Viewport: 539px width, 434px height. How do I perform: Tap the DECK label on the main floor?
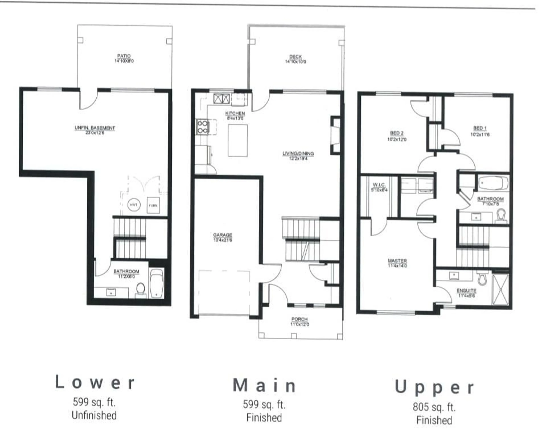[295, 57]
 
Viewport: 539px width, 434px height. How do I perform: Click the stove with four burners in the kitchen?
[202, 127]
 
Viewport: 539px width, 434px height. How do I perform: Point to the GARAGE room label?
[222, 235]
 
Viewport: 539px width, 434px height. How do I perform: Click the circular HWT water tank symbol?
[134, 205]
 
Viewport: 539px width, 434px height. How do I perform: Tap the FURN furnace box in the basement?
[153, 205]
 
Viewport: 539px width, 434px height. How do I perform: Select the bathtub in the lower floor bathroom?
[157, 283]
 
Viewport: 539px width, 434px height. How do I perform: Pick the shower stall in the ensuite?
[500, 289]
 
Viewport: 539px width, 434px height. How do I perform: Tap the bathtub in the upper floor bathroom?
[493, 183]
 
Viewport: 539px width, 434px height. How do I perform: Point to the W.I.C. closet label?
[379, 185]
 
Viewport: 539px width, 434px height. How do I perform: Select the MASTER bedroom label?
[397, 261]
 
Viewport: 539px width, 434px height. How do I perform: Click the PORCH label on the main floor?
[299, 319]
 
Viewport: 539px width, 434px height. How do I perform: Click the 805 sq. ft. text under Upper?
[434, 407]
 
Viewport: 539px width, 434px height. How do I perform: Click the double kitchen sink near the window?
[222, 98]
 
